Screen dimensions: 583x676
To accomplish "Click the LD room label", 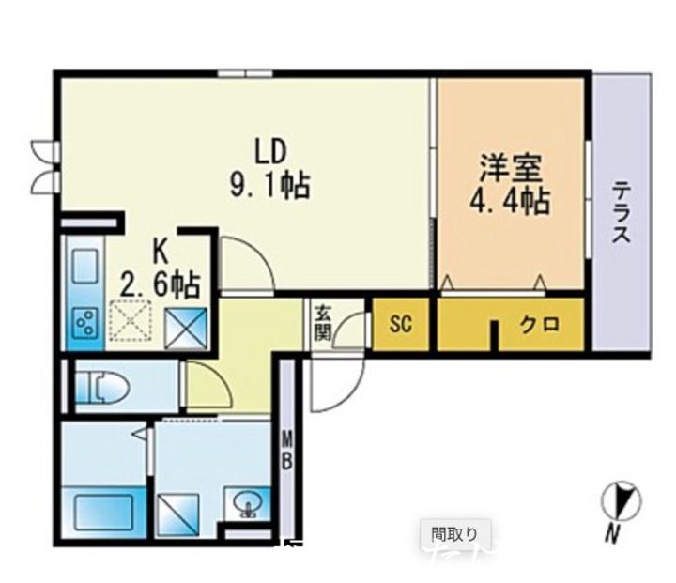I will (x=271, y=150).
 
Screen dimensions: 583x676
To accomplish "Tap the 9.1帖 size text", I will (x=270, y=184).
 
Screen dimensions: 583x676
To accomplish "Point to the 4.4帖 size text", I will (x=511, y=201).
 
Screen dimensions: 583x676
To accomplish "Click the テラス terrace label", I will (x=621, y=212).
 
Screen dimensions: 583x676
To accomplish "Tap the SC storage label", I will (x=401, y=325).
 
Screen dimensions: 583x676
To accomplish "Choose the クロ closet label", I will (x=540, y=325).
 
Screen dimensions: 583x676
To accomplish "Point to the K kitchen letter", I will (x=161, y=250).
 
